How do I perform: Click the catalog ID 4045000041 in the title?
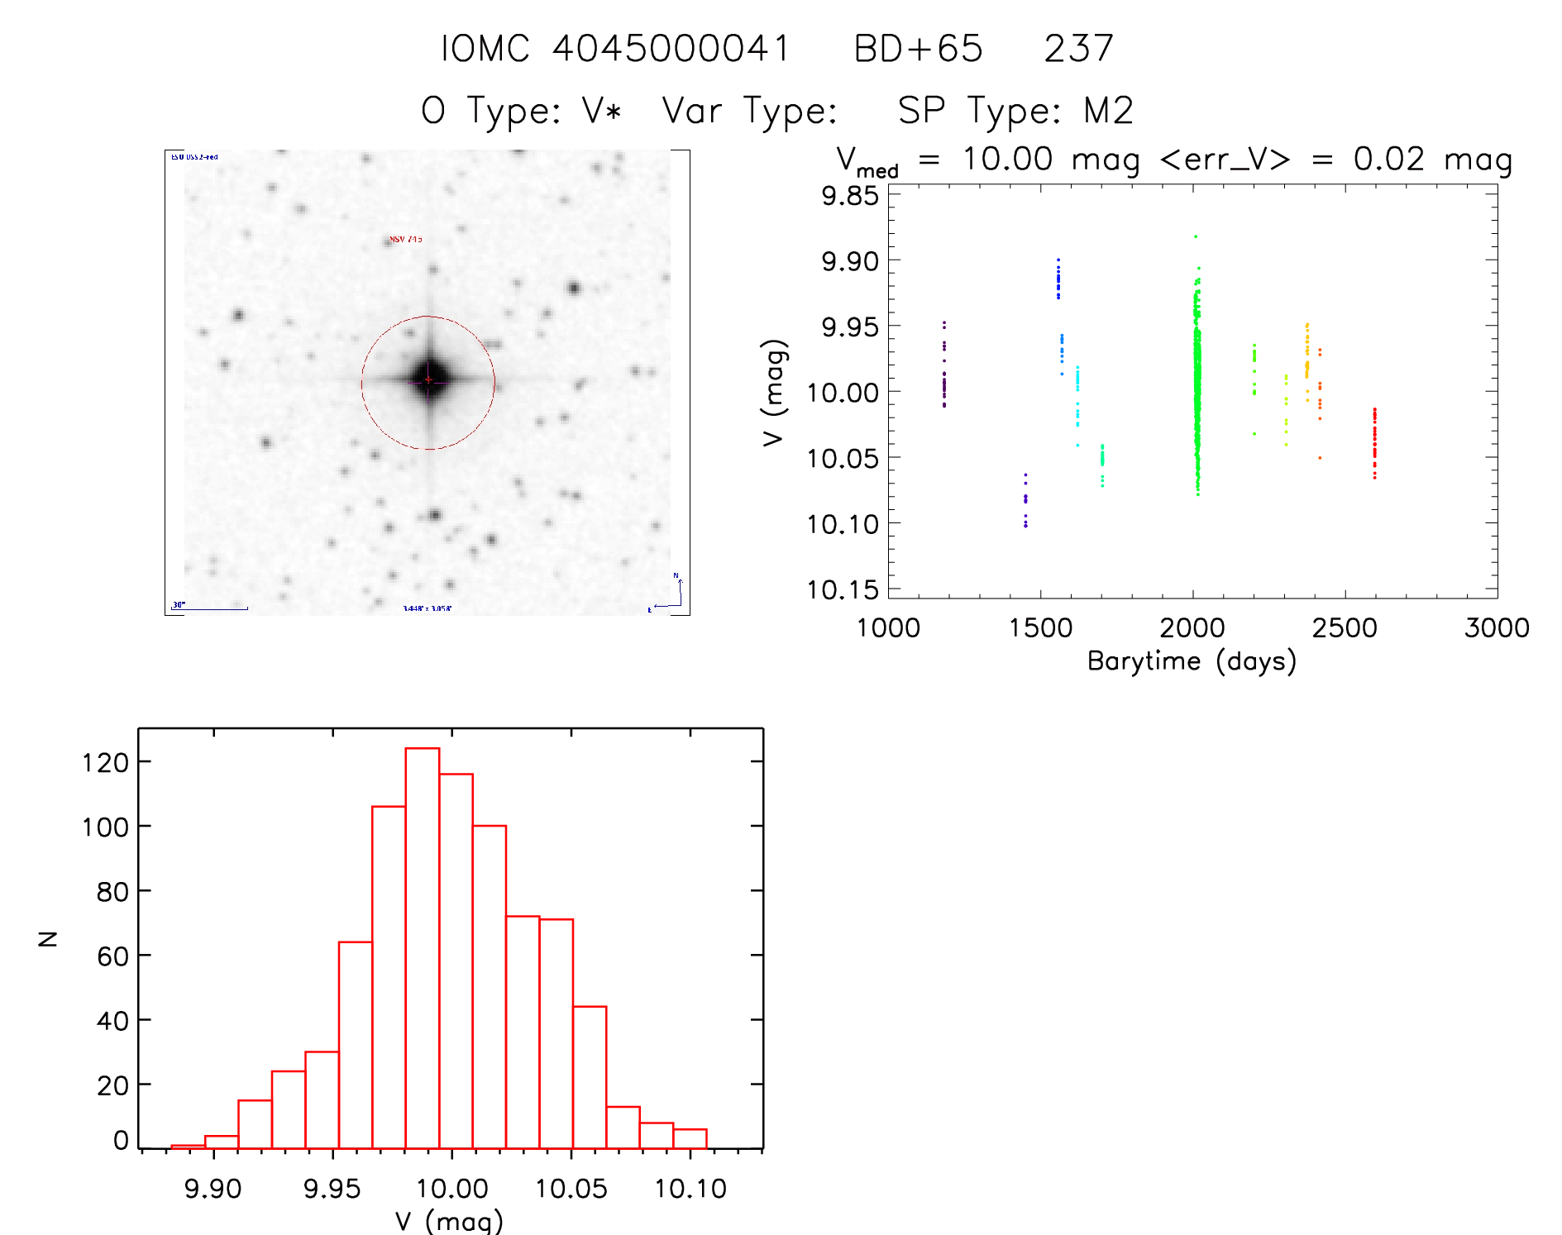pyautogui.click(x=671, y=49)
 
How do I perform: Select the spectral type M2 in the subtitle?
pyautogui.click(x=1108, y=111)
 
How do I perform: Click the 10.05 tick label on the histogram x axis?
pyautogui.click(x=571, y=1189)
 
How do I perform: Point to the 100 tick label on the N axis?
pyautogui.click(x=105, y=827)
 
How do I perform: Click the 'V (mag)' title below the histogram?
pyautogui.click(x=449, y=1221)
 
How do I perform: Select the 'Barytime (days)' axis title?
pyautogui.click(x=1192, y=661)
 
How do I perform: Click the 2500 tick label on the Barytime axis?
pyautogui.click(x=1345, y=628)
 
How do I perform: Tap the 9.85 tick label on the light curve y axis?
pyautogui.click(x=849, y=196)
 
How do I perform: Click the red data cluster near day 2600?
pyautogui.click(x=1374, y=442)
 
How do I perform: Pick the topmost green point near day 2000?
pyautogui.click(x=1195, y=236)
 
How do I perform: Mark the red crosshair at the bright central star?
pyautogui.click(x=428, y=379)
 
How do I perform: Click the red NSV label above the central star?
pyautogui.click(x=406, y=240)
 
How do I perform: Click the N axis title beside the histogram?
pyautogui.click(x=48, y=938)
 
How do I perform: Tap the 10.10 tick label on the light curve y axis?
pyautogui.click(x=843, y=524)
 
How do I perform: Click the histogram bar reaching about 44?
pyautogui.click(x=590, y=1076)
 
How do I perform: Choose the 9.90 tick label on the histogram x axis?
pyautogui.click(x=213, y=1189)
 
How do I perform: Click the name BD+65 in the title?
pyautogui.click(x=918, y=49)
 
